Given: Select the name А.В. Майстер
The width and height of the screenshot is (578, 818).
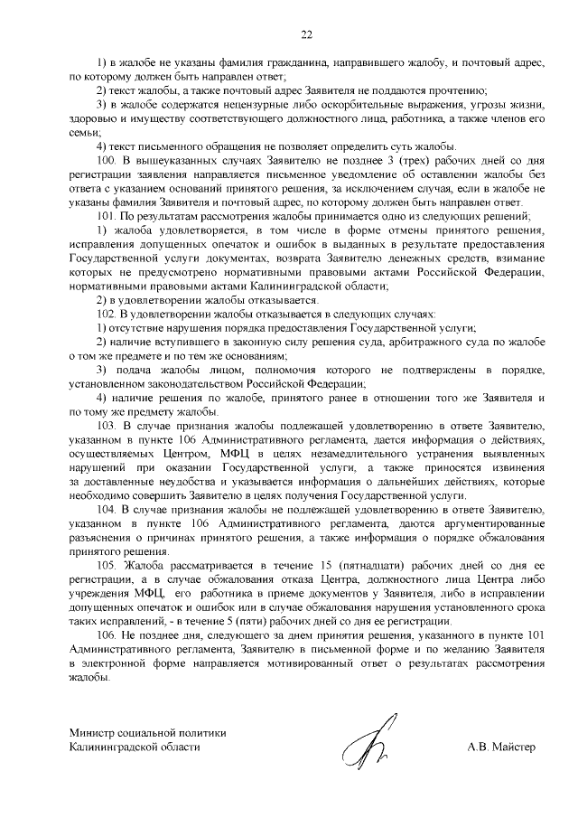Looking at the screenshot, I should [501, 747].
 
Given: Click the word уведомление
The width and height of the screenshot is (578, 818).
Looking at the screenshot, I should [342, 174].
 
